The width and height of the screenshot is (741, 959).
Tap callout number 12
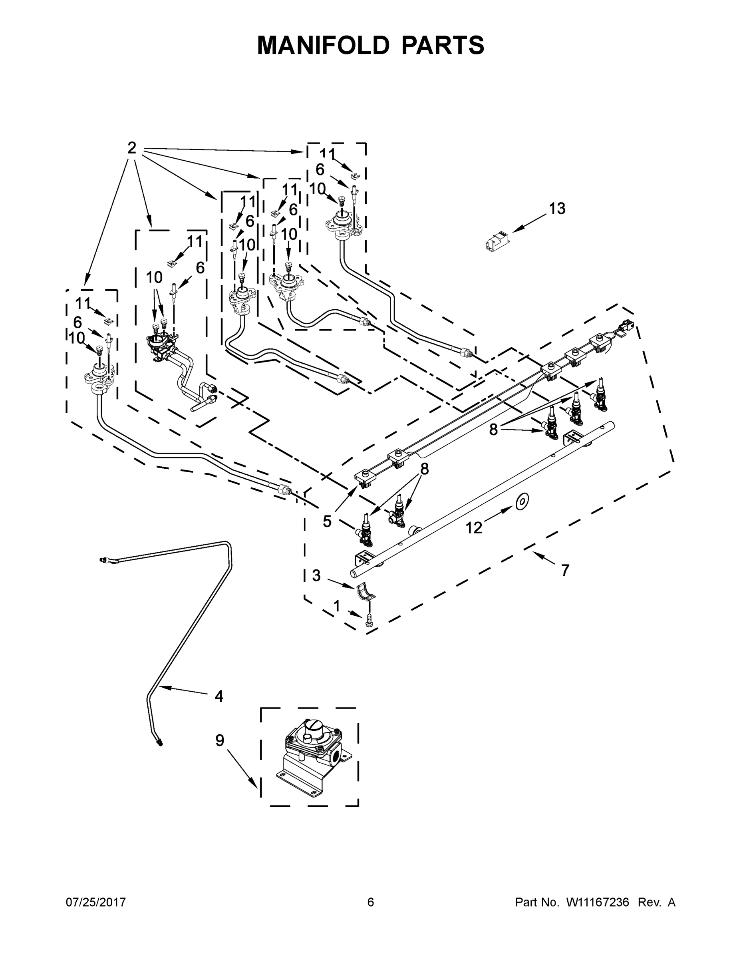click(x=474, y=527)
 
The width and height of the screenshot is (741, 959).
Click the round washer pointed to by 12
click(x=522, y=501)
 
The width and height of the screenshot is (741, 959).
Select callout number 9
click(x=219, y=740)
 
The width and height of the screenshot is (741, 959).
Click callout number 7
click(x=565, y=570)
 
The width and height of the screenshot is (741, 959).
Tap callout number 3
click(x=316, y=575)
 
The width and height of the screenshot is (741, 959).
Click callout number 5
click(x=327, y=521)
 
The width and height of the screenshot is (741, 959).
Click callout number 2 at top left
click(x=131, y=148)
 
